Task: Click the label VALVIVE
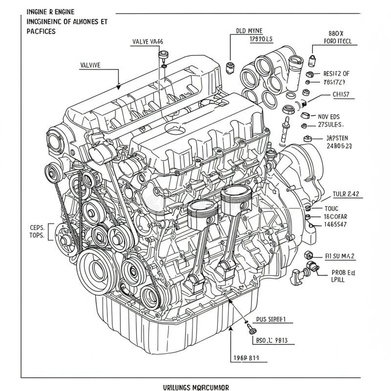point(90,64)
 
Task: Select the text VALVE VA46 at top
point(148,42)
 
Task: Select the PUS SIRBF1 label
point(271,320)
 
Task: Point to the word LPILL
point(337,281)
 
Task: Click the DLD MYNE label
point(249,30)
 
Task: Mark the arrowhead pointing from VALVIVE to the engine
point(118,88)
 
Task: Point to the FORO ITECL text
point(338,42)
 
